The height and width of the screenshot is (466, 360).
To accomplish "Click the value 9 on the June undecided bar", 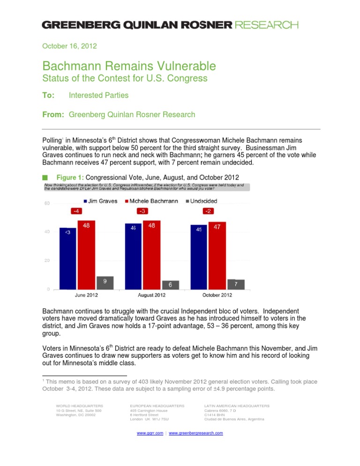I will [x=105, y=282].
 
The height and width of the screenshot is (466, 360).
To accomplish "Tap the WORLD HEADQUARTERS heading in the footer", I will [x=80, y=405].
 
